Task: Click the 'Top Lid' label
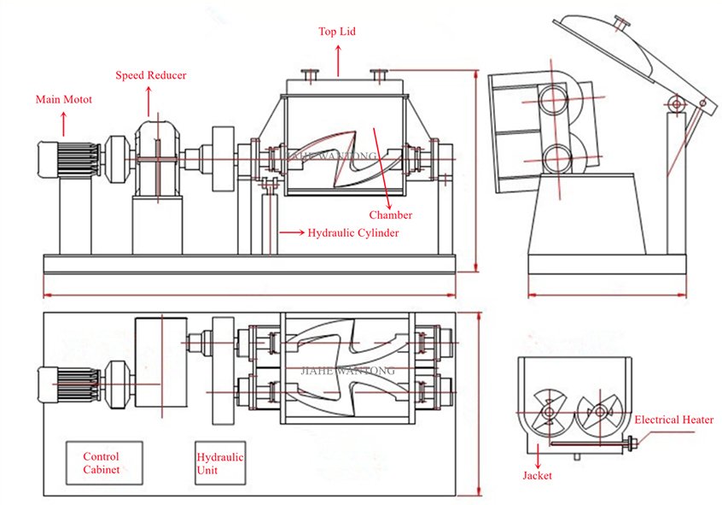click(x=337, y=32)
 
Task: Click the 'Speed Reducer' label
click(x=151, y=75)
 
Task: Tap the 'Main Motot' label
click(x=64, y=100)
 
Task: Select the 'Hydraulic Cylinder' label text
click(x=353, y=232)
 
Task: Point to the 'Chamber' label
click(x=391, y=215)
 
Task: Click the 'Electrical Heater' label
click(x=674, y=420)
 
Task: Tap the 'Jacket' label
click(x=537, y=475)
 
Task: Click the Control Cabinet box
click(x=101, y=463)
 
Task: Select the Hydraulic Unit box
click(x=219, y=463)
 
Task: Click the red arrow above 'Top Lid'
click(x=338, y=60)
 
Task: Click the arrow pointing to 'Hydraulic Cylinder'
click(x=290, y=232)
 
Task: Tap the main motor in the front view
click(x=60, y=159)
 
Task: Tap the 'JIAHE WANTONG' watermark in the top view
click(x=350, y=372)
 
